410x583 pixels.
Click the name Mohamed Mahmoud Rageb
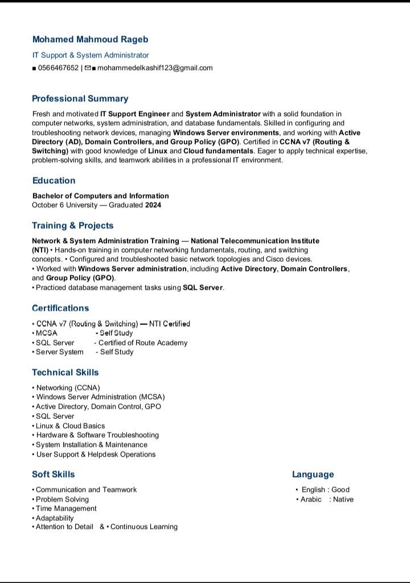(90, 39)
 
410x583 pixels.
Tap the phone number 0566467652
(58, 68)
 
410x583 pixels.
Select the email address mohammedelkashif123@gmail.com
(155, 68)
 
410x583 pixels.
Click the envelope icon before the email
(88, 68)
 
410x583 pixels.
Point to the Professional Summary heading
(80, 98)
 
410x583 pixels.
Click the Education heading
(54, 180)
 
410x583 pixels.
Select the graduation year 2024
(153, 205)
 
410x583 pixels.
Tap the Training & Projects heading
(72, 225)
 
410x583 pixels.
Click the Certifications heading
(60, 308)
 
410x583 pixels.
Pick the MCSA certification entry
(46, 333)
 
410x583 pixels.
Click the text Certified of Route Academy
(142, 343)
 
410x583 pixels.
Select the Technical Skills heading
(65, 372)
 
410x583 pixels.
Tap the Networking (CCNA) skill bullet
(68, 388)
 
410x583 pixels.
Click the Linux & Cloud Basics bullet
(70, 426)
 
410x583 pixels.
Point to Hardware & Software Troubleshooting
(97, 435)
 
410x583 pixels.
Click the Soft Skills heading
(53, 474)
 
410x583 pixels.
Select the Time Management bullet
(66, 508)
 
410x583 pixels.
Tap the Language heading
(313, 474)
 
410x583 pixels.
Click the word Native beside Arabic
(343, 499)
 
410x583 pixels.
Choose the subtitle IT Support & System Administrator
(90, 55)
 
